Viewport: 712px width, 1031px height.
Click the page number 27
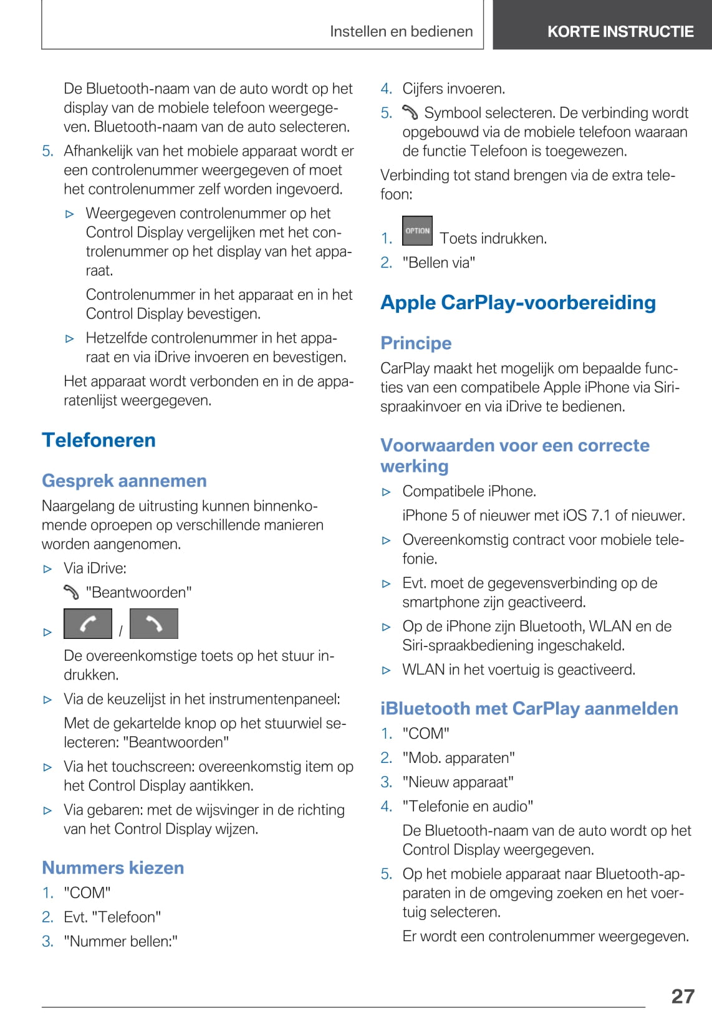pos(683,995)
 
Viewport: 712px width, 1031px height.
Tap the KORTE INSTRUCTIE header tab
pos(620,31)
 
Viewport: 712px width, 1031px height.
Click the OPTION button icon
pos(417,231)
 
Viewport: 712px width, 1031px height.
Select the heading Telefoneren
pos(99,440)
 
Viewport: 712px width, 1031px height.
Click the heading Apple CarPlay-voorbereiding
pos(518,302)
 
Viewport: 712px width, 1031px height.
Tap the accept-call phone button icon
pos(88,624)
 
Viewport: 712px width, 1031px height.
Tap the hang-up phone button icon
pos(154,624)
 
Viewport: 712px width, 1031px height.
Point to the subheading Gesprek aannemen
pos(124,481)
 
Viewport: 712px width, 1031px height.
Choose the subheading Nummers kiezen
pos(113,868)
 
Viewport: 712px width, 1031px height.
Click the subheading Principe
pos(416,343)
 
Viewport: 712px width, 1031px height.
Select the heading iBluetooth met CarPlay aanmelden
pos(529,709)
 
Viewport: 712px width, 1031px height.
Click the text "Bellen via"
pos(439,262)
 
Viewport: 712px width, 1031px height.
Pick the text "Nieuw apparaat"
pos(458,782)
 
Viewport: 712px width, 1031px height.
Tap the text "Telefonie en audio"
pos(468,806)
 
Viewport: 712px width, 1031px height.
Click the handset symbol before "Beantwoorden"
pos(72,592)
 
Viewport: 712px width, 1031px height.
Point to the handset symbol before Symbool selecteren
pos(410,113)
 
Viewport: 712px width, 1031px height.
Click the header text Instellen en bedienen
pos(401,31)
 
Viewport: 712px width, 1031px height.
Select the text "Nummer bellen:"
pos(121,941)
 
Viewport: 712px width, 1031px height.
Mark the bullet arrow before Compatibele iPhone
pos(387,492)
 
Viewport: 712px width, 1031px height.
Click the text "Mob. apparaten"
pos(459,757)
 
